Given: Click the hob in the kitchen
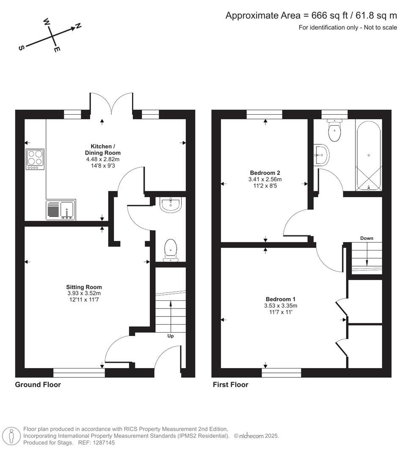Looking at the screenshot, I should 35,160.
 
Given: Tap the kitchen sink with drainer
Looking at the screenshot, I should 61,209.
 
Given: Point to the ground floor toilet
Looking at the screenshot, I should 171,250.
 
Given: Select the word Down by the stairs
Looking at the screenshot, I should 366,238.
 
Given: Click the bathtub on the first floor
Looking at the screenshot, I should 369,156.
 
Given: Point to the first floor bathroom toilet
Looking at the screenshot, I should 334,130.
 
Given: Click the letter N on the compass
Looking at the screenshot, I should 78,26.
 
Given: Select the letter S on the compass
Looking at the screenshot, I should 20,48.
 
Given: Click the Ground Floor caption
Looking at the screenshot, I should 38,385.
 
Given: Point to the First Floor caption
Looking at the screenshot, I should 230,385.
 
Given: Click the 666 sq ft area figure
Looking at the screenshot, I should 329,16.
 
